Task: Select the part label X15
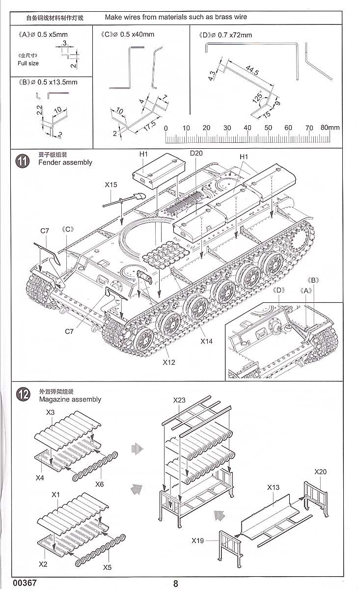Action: [x=111, y=185]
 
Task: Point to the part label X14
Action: [x=206, y=341]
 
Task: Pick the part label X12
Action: [x=169, y=363]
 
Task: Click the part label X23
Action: [x=180, y=401]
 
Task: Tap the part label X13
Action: [x=274, y=487]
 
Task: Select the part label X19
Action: [x=198, y=541]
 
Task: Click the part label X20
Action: [x=320, y=472]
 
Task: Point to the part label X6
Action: [x=100, y=484]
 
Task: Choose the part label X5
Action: [x=107, y=567]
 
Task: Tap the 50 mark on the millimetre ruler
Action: [x=268, y=128]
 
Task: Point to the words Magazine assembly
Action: [x=70, y=399]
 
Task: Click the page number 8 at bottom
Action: [x=176, y=583]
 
